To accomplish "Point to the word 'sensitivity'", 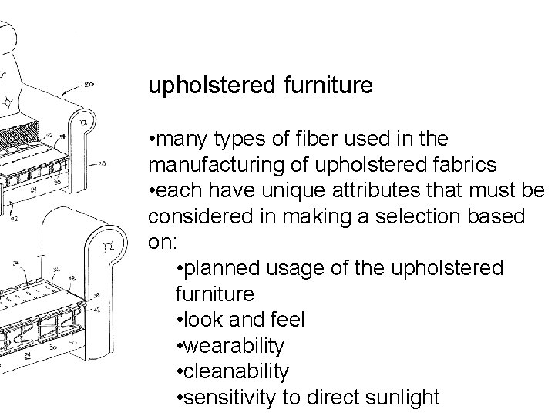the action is pos(227,398).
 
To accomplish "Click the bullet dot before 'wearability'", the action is pos(179,346).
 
